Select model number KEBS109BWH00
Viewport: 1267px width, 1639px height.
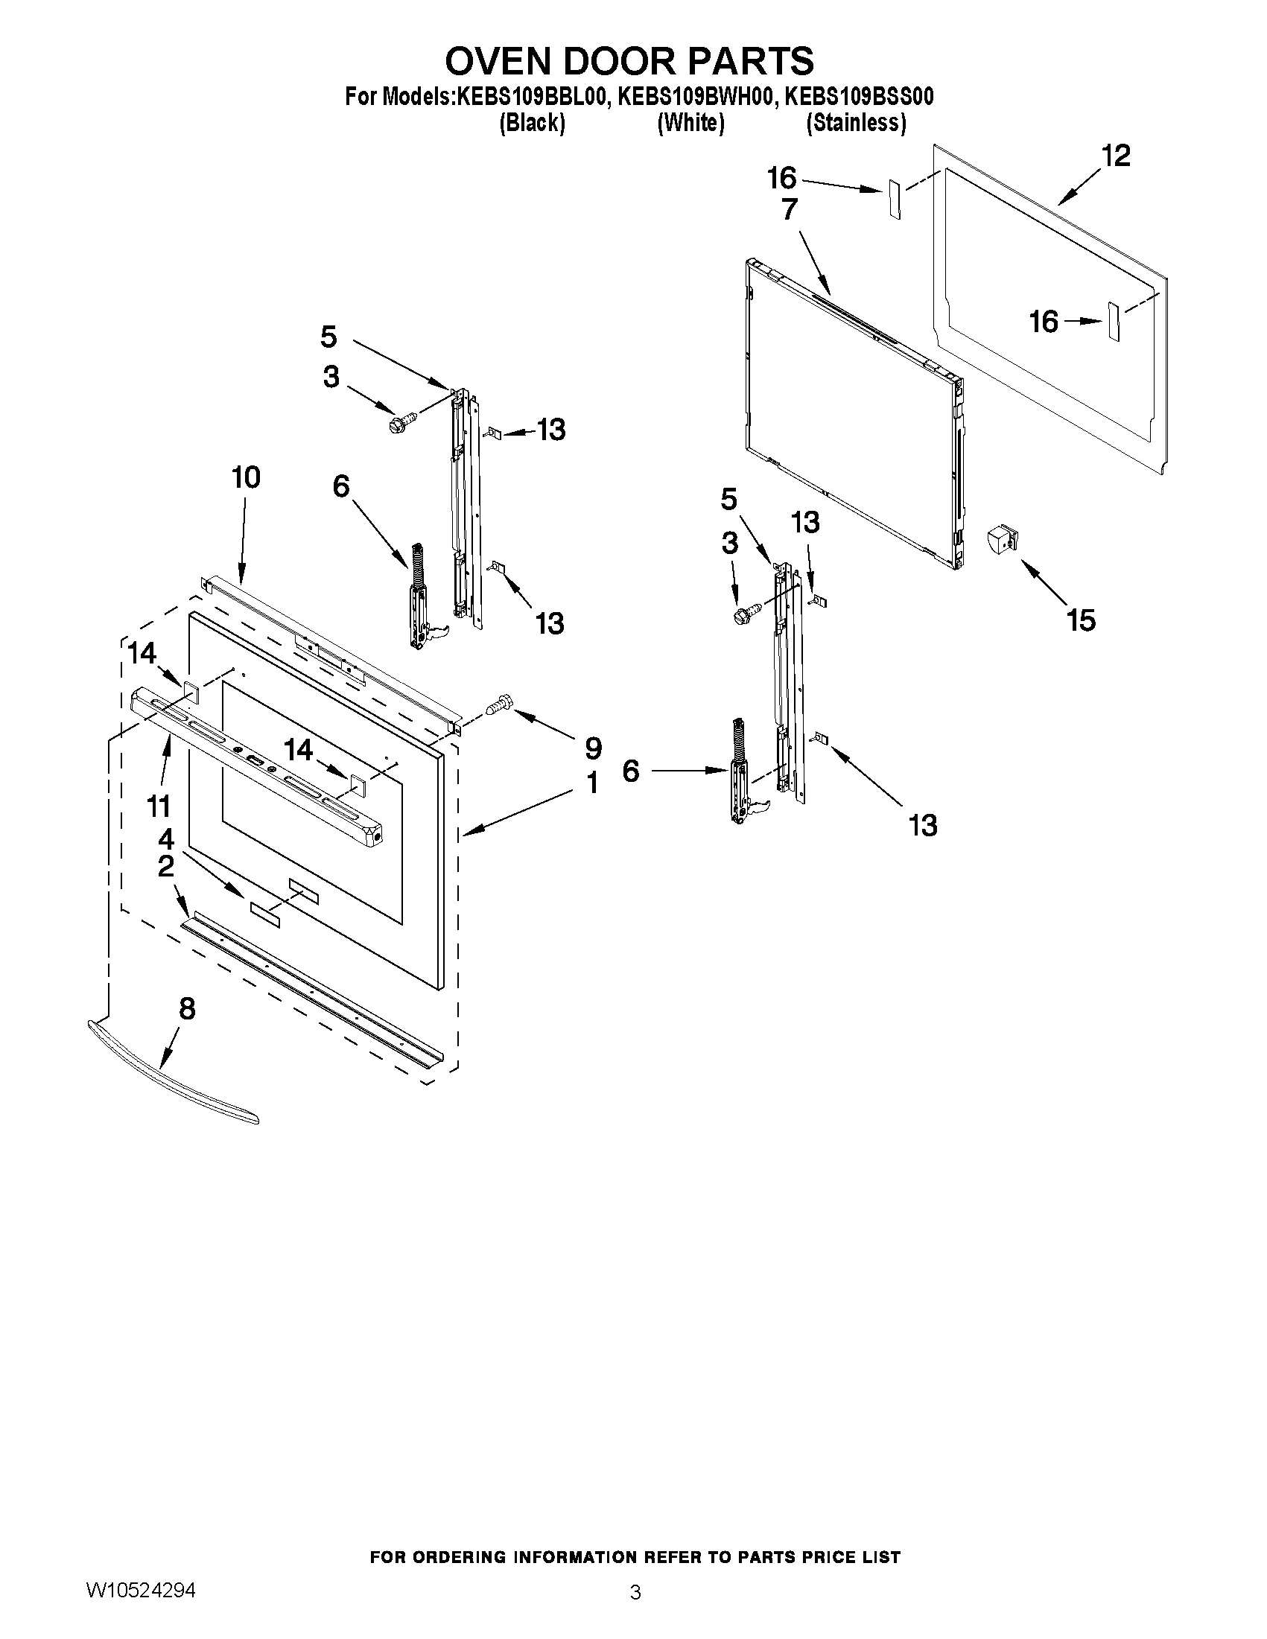tap(694, 98)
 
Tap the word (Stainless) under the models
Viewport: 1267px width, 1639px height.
tap(856, 123)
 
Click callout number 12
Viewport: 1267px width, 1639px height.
tap(1115, 156)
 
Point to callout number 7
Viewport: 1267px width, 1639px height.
tap(789, 209)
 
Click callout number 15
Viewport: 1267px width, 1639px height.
tap(1081, 620)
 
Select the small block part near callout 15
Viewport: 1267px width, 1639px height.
tap(1002, 540)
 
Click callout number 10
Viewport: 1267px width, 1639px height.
tap(246, 477)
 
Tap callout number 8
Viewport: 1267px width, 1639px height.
tap(187, 1009)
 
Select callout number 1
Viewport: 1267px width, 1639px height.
tap(593, 783)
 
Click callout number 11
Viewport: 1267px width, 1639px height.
tap(159, 806)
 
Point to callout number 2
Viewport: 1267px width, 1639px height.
tap(166, 867)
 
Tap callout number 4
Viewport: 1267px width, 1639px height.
tap(166, 838)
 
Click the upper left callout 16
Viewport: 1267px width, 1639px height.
tap(781, 179)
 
